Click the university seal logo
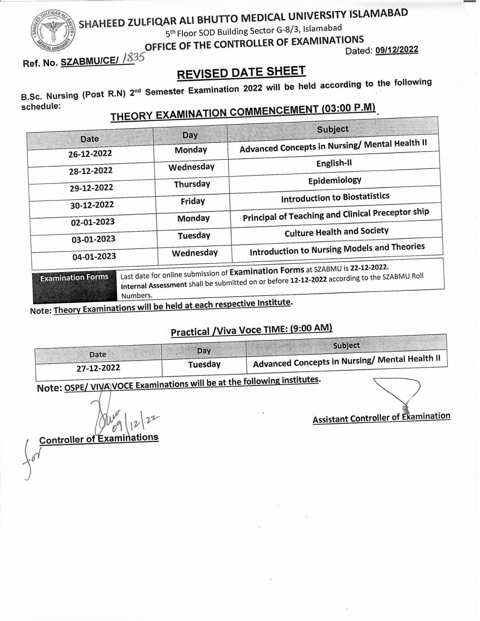click(53, 31)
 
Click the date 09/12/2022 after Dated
click(397, 50)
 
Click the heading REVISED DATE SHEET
click(241, 72)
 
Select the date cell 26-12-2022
click(90, 153)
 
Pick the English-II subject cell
click(334, 163)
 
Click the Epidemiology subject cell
click(335, 180)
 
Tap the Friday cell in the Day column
click(193, 201)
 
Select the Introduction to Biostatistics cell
click(335, 198)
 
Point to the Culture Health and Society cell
click(336, 232)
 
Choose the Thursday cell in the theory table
click(192, 184)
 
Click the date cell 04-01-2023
click(94, 256)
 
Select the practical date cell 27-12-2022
click(98, 368)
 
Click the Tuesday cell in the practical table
click(204, 364)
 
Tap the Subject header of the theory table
click(332, 129)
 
